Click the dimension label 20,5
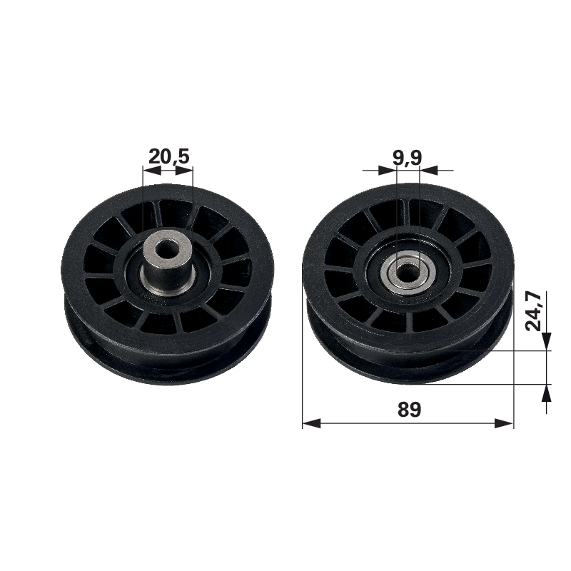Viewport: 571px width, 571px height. pyautogui.click(x=169, y=156)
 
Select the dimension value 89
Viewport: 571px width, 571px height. pyautogui.click(x=409, y=409)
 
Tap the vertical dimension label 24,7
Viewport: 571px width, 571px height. pyautogui.click(x=534, y=310)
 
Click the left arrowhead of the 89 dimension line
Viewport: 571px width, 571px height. pyautogui.click(x=311, y=423)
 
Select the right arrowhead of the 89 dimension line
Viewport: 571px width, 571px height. pyautogui.click(x=505, y=423)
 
